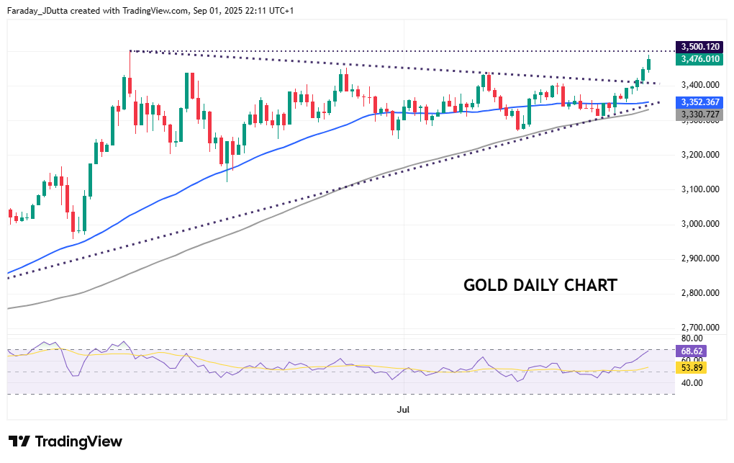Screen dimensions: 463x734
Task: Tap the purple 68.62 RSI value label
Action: tap(691, 351)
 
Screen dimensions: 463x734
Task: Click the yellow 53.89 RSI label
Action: tap(691, 367)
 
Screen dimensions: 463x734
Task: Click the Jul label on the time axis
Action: tap(403, 410)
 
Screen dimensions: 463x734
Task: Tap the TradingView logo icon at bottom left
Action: tap(19, 441)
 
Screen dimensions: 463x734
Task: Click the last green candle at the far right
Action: tap(649, 64)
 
